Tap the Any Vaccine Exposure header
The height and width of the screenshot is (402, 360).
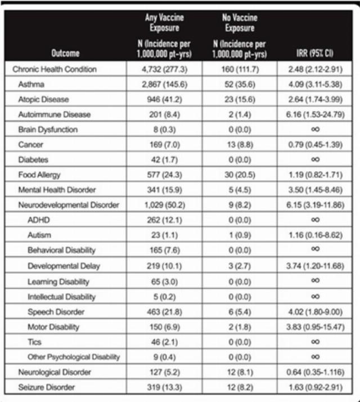tap(164, 24)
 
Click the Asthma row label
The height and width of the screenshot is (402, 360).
tap(32, 84)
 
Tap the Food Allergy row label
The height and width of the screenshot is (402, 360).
tap(38, 175)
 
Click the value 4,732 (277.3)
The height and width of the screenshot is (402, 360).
tap(164, 69)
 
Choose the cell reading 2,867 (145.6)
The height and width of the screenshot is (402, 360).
tap(164, 84)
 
